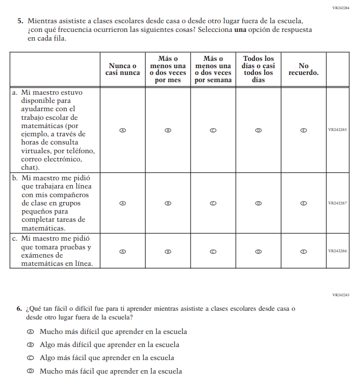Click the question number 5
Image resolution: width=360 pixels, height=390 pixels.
(x=20, y=21)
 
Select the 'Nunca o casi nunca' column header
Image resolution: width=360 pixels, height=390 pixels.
(x=122, y=69)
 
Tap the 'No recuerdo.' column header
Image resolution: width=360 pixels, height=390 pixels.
(x=303, y=69)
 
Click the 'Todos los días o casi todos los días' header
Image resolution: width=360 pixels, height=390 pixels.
(x=258, y=69)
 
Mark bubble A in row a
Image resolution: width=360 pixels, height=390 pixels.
(x=122, y=130)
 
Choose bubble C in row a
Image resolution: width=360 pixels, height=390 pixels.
(x=213, y=130)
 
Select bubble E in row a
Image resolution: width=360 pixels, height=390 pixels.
(x=303, y=130)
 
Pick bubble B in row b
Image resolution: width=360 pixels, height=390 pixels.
(x=168, y=203)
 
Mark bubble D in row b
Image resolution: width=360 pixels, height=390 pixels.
(x=258, y=203)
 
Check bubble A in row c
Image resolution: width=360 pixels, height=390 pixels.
(x=122, y=251)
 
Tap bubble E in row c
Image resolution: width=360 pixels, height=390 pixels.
(x=303, y=251)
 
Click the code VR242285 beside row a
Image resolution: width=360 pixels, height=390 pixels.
(x=337, y=130)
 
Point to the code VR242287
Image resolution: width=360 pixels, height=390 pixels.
(x=337, y=203)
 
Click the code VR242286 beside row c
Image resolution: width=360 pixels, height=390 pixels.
(x=337, y=251)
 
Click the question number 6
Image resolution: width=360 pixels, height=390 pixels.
(x=19, y=308)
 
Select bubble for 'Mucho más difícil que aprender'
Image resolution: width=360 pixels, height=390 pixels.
(x=30, y=332)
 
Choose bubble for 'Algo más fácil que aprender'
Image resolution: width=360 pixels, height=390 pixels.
(x=30, y=358)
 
